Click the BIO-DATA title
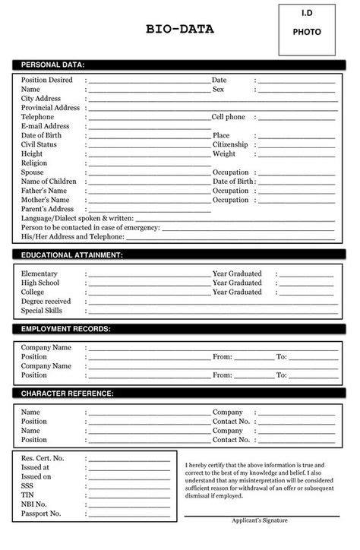[179, 30]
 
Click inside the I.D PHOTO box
[306, 30]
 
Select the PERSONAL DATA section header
[52, 65]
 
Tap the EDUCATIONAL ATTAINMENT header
[71, 255]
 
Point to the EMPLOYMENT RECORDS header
[65, 329]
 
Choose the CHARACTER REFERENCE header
[67, 394]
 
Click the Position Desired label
[47, 80]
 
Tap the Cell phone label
[228, 117]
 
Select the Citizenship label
[230, 144]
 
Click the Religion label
[34, 163]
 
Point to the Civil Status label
[39, 144]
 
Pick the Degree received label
[46, 301]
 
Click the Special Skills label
[42, 311]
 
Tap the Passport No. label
[42, 514]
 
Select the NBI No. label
[34, 504]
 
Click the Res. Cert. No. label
[43, 459]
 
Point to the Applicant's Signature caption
[260, 520]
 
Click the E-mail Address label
[46, 126]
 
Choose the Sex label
[218, 90]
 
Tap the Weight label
[224, 153]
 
